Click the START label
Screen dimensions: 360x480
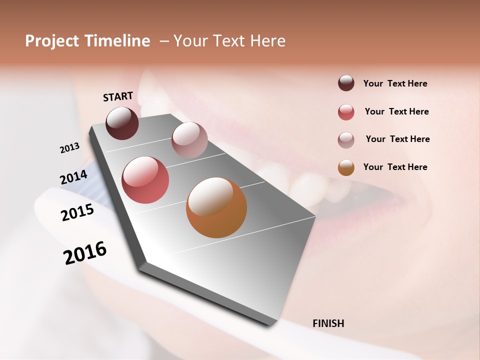point(118,96)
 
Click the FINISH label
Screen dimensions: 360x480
point(328,323)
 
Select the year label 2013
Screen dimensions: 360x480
point(70,148)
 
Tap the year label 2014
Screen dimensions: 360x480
point(73,177)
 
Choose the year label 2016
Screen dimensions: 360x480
point(85,253)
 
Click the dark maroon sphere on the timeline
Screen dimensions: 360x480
point(122,123)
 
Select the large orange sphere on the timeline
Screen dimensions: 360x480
point(216,207)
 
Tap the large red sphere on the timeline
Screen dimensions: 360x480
point(145,180)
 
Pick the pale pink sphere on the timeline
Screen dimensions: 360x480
point(189,140)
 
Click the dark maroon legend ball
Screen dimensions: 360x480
point(346,83)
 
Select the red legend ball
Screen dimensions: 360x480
point(346,111)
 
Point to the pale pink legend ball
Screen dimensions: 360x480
point(346,139)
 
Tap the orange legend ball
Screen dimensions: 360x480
point(346,167)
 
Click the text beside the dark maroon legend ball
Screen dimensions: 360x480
point(395,84)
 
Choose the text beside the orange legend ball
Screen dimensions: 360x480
point(395,167)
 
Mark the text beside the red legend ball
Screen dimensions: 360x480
point(396,111)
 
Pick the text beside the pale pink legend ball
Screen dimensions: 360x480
point(397,139)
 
